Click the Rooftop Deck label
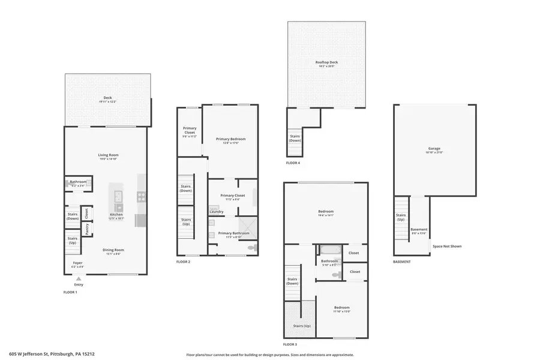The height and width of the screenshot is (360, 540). coord(326,62)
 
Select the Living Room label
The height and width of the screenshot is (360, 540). coord(108,155)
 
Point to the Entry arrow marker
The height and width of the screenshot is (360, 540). coord(78,279)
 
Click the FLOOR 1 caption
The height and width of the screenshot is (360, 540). coord(70,292)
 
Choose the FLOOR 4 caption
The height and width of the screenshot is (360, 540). coord(293,163)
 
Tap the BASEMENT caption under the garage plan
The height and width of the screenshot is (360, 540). coord(401,262)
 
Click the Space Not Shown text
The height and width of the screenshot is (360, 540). coord(448,246)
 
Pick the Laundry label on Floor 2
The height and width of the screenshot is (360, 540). coord(217,211)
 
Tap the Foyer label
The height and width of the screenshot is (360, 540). coord(78,262)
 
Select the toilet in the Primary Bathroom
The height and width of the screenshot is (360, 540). coord(252,247)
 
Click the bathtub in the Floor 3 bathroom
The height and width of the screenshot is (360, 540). coord(330,250)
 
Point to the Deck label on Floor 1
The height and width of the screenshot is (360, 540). coord(107,98)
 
